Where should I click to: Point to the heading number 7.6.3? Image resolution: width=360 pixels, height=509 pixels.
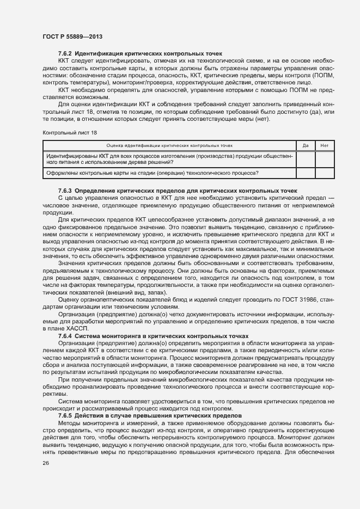click(x=65, y=191)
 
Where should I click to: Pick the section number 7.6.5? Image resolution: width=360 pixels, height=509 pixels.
click(x=65, y=401)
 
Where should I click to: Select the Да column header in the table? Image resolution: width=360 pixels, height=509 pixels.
click(x=306, y=146)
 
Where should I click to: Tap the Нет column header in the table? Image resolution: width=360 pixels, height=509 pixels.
click(x=325, y=146)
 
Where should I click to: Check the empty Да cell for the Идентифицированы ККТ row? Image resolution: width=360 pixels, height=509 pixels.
click(x=306, y=159)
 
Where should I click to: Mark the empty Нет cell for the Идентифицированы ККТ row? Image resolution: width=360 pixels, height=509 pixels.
click(x=325, y=159)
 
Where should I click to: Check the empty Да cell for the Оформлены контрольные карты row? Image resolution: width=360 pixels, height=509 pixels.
click(x=306, y=173)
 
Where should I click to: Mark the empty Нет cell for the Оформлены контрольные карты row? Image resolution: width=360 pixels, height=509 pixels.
click(x=325, y=173)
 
